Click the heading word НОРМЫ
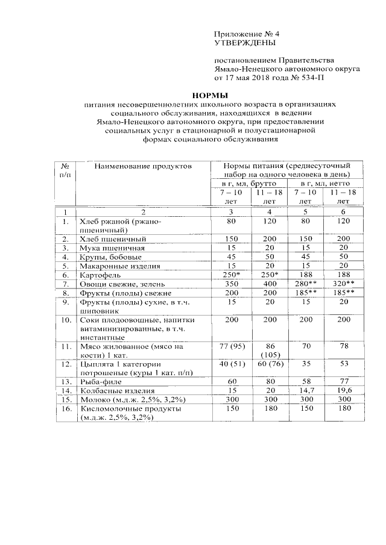tap(210, 95)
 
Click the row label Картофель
tap(99, 274)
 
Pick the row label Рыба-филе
tap(100, 382)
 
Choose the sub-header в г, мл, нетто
tap(324, 182)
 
